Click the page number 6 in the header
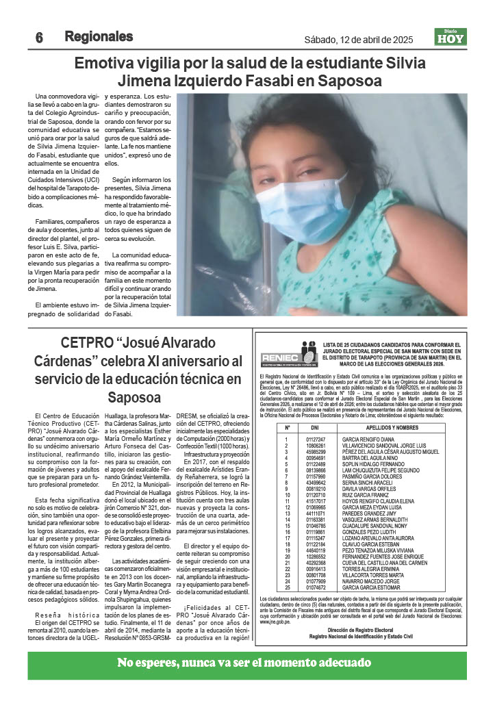[x=40, y=38]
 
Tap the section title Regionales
[x=99, y=36]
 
